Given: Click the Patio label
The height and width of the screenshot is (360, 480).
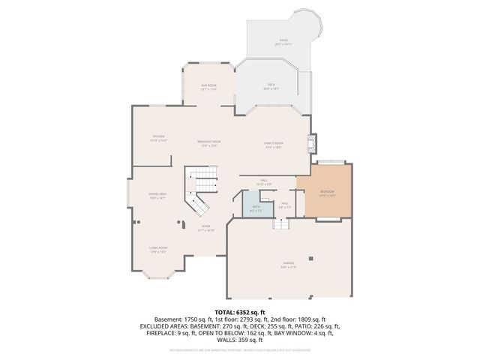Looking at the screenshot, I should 283,40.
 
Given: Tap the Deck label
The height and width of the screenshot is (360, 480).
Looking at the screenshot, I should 272,85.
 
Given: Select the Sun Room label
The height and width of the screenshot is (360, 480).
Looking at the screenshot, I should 208,87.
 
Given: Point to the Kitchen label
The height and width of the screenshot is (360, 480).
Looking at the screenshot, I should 158,137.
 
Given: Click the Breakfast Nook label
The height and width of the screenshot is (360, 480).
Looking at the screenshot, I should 209,143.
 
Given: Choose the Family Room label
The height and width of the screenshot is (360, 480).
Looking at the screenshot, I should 273,145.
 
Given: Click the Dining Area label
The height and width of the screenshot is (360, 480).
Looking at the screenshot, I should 157,195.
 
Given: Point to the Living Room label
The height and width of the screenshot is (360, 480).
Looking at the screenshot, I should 157,249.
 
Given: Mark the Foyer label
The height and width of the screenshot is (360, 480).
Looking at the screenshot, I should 205,228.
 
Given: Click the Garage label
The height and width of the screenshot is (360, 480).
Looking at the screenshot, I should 288,264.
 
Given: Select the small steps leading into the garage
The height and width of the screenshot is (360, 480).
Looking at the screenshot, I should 280,223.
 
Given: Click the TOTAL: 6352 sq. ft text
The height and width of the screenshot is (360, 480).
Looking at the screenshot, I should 240,313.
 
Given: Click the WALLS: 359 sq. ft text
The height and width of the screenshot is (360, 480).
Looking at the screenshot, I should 240,340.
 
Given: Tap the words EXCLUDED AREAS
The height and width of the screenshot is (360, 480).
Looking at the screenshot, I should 164,326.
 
